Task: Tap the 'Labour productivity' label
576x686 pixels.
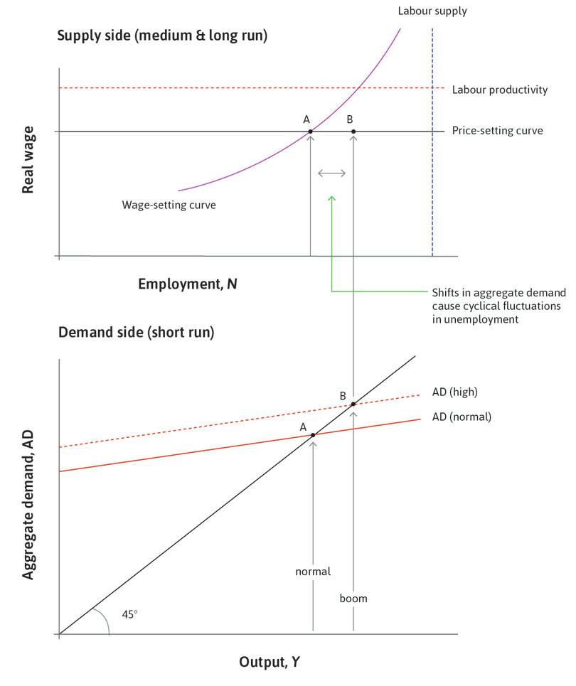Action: point(499,90)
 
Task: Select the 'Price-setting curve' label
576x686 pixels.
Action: point(497,132)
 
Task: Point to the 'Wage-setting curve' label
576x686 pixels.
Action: point(168,205)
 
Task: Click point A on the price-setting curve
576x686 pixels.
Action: point(310,132)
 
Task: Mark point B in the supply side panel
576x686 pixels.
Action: point(353,132)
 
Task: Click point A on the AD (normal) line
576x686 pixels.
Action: point(313,434)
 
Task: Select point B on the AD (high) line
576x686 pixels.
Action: point(353,404)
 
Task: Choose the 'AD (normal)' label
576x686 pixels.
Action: point(462,417)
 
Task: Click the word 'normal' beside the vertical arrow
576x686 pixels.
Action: point(313,572)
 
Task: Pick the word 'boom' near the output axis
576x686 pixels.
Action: point(353,599)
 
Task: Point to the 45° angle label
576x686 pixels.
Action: point(129,613)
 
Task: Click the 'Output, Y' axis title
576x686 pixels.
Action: point(269,663)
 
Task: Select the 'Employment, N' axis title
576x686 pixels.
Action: point(188,284)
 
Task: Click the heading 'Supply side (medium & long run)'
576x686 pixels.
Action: point(162,35)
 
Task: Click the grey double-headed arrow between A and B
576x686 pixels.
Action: point(331,173)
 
